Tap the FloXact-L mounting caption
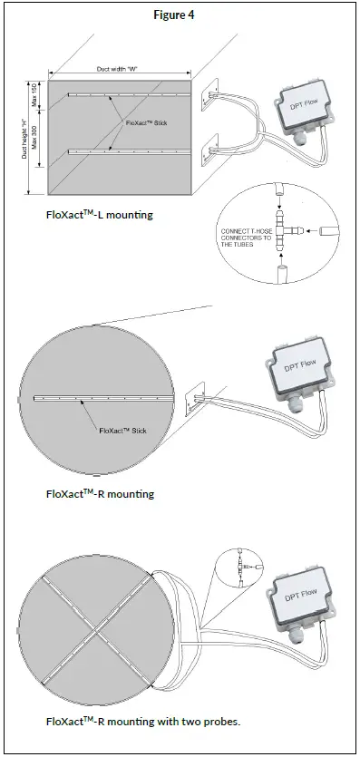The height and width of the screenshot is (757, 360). click(x=100, y=215)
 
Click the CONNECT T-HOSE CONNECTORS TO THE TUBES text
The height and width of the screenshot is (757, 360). click(x=246, y=238)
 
